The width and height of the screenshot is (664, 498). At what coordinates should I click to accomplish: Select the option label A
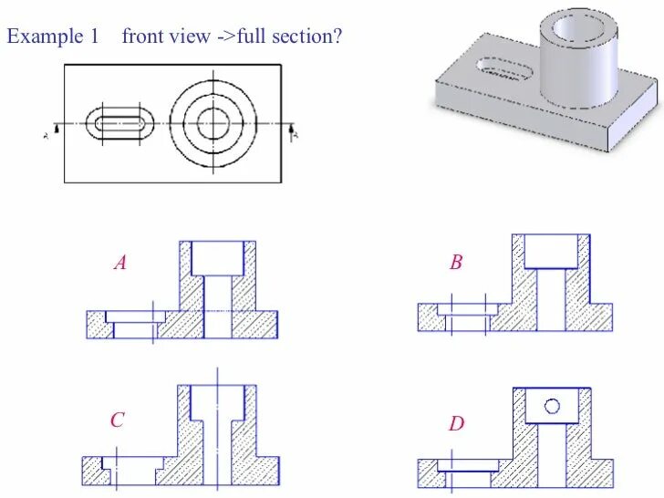119,264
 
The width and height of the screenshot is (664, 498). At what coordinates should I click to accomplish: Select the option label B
456,264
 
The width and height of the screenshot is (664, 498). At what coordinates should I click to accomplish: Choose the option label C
117,420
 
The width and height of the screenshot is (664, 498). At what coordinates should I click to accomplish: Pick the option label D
456,424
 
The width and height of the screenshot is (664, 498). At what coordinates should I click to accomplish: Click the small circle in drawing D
552,407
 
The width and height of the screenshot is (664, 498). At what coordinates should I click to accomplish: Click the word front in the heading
143,36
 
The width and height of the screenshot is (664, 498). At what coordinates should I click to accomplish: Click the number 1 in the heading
93,36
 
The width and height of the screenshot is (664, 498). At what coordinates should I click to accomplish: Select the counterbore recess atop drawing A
217,258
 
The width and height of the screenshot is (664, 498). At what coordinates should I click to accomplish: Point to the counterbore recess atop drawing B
552,251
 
